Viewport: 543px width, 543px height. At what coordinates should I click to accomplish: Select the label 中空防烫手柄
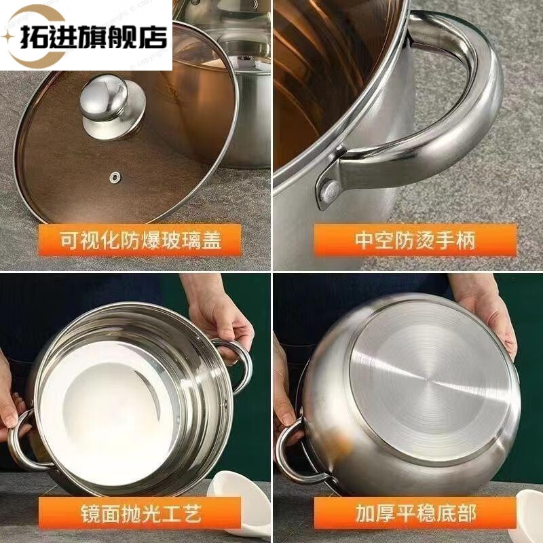tap(414, 239)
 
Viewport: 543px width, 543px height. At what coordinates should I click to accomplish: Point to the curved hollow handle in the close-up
tap(475, 102)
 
